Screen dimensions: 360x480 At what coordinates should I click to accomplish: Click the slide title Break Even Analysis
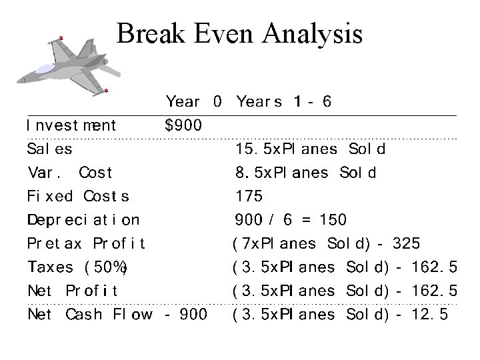click(239, 33)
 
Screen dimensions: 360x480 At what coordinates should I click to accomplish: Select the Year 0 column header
click(193, 102)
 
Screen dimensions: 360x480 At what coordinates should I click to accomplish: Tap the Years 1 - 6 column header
click(284, 102)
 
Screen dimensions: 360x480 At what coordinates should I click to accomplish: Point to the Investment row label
click(71, 125)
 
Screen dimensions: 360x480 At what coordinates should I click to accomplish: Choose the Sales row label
click(50, 149)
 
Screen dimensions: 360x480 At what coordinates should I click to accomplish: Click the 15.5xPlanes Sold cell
click(310, 149)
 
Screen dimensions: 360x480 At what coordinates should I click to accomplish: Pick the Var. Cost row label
click(69, 173)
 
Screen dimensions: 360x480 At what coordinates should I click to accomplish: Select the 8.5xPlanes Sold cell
click(306, 173)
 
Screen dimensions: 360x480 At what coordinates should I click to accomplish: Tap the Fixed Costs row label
click(78, 197)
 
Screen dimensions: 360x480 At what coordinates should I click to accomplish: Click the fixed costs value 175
click(249, 197)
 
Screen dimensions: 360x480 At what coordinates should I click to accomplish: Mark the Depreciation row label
click(83, 220)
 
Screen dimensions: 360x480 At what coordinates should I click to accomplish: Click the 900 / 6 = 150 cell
click(291, 220)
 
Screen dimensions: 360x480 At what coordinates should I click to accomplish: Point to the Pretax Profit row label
click(87, 244)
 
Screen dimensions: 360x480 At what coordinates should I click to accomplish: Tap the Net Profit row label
click(73, 291)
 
